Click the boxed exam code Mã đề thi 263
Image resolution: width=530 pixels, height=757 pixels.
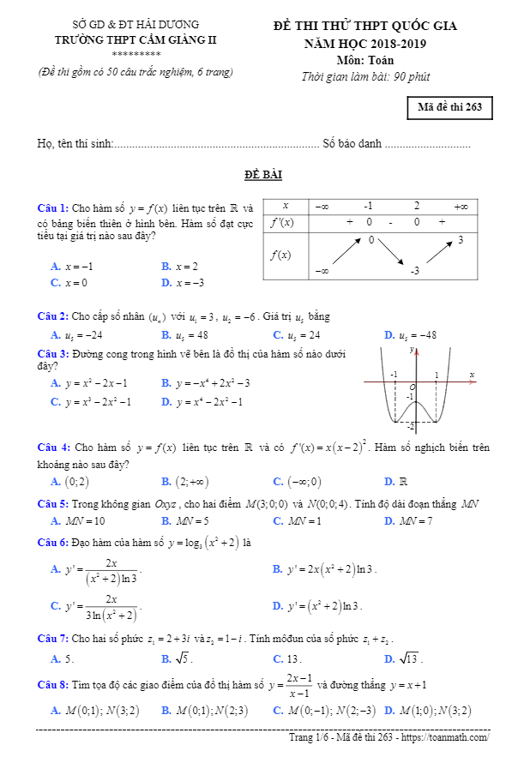point(450,107)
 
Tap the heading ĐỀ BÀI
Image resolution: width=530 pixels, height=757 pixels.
point(263,175)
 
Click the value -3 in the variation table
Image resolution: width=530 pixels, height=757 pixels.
point(414,271)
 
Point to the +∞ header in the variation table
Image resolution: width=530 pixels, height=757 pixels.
point(461,206)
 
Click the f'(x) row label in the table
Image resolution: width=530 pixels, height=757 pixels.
point(282,222)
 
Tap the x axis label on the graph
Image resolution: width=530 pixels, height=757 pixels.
point(472,375)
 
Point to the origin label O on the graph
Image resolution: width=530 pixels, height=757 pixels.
point(413,388)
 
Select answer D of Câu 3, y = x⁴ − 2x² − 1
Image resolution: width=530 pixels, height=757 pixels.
point(202,401)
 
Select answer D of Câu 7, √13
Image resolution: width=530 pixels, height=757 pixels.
point(403,659)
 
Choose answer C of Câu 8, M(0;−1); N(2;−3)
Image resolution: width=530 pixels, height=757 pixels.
point(324,710)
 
